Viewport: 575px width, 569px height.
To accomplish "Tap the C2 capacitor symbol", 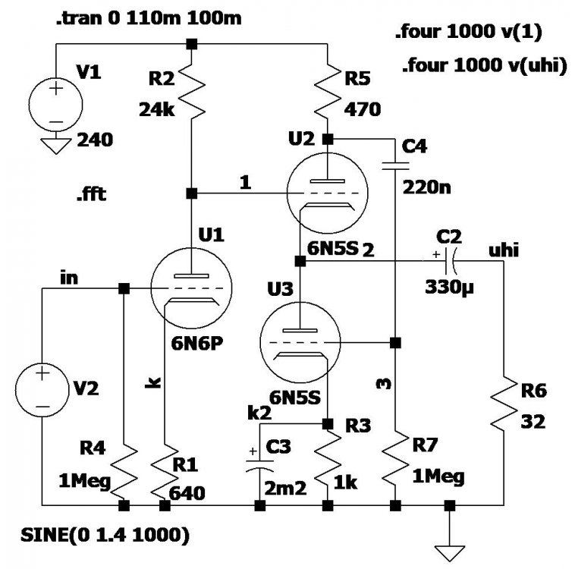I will click(x=449, y=260).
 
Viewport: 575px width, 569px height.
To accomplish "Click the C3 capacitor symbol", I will click(x=259, y=464).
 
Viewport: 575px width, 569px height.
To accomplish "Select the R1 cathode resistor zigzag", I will click(x=165, y=470).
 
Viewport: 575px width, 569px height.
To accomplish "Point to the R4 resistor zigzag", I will click(x=124, y=470).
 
